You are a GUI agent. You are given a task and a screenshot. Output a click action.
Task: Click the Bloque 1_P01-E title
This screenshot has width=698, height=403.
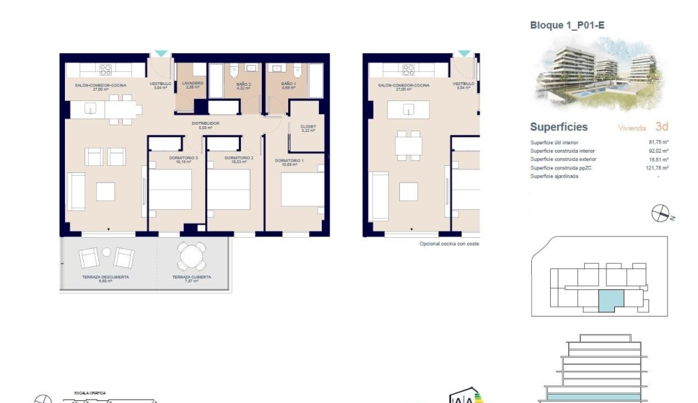click(x=566, y=25)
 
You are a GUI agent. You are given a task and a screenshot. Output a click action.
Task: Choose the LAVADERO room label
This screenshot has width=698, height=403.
click(x=192, y=84)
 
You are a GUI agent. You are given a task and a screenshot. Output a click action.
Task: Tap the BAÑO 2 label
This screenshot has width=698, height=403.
click(x=243, y=84)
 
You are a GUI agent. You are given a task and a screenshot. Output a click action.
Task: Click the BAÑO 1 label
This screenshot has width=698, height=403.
click(x=288, y=84)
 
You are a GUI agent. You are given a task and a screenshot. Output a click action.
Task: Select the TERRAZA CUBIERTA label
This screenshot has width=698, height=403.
click(x=192, y=277)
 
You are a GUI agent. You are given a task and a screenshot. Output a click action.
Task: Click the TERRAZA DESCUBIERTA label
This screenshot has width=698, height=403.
click(x=105, y=277)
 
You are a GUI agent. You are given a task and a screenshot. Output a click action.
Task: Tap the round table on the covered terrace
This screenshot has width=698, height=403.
click(x=192, y=256)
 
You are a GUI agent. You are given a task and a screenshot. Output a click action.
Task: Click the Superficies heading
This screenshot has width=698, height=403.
click(x=558, y=128)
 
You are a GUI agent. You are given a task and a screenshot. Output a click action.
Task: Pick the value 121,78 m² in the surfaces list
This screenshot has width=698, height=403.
click(x=657, y=168)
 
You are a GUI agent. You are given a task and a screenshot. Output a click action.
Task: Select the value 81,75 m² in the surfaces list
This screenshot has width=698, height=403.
click(x=658, y=142)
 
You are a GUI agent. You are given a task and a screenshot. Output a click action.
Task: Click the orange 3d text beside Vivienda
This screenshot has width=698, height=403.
click(x=662, y=127)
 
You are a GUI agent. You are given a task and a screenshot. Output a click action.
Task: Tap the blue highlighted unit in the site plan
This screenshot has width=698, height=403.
click(x=609, y=301)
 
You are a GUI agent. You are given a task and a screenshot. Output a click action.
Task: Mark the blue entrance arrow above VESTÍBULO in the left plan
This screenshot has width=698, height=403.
click(x=161, y=54)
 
